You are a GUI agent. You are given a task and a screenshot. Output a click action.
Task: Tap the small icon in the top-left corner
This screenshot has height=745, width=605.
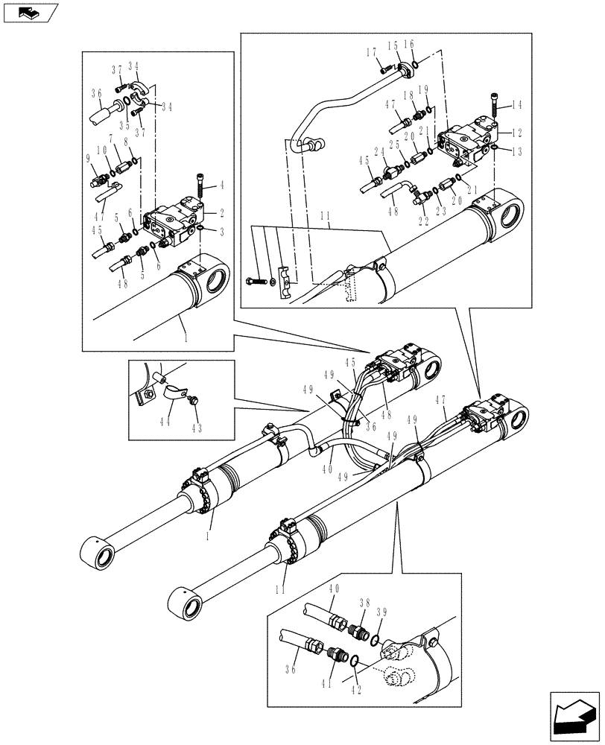tap(30, 12)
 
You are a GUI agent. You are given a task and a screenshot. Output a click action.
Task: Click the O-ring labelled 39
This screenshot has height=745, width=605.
tap(378, 638)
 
